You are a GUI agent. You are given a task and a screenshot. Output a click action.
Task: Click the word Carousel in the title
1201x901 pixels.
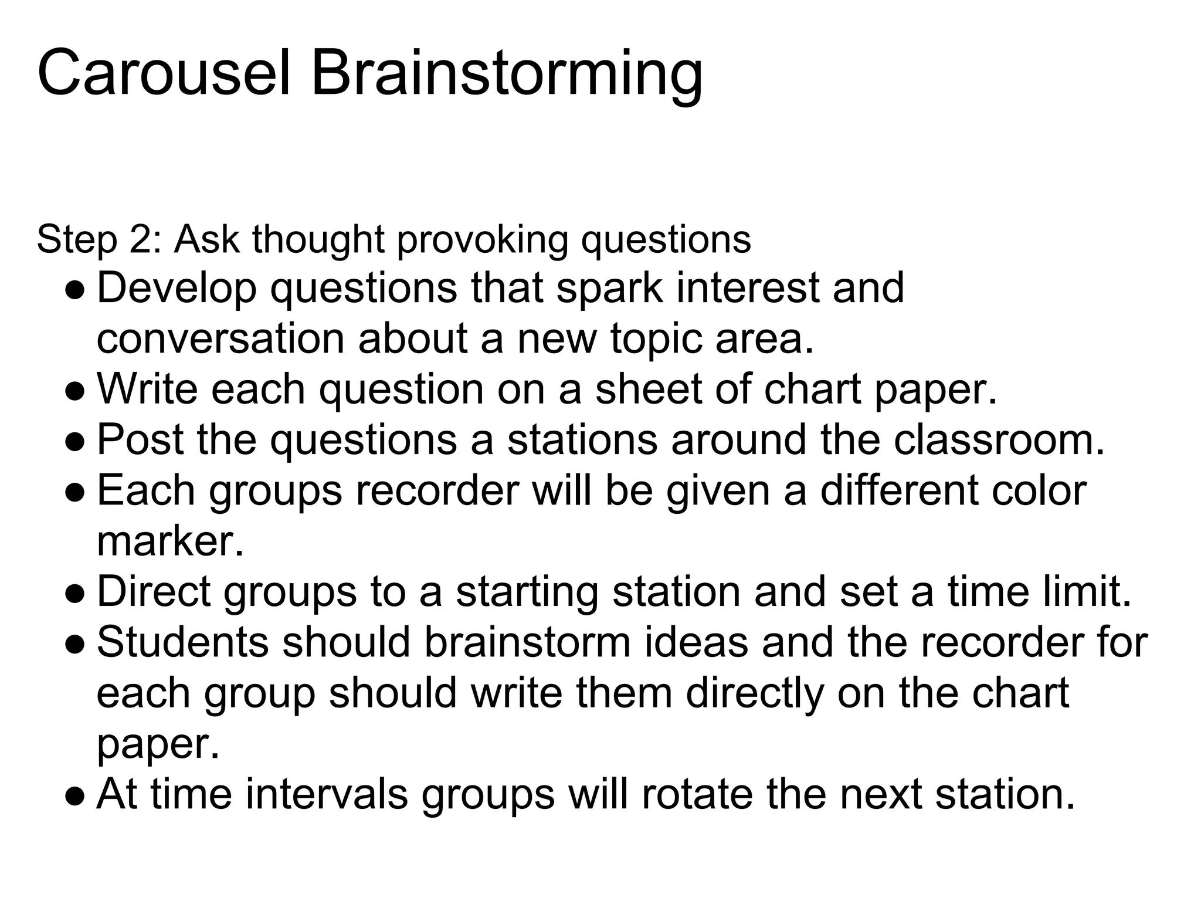[x=164, y=73]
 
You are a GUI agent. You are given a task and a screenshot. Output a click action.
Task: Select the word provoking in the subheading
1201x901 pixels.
[x=482, y=241]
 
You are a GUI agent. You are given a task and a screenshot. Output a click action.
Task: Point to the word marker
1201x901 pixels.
[x=169, y=541]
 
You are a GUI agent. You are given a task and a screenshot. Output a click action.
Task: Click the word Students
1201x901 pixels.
[x=182, y=642]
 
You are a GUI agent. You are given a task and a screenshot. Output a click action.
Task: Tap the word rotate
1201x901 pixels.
[x=697, y=794]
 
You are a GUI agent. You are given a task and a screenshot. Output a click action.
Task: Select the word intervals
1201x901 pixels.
[x=326, y=794]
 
